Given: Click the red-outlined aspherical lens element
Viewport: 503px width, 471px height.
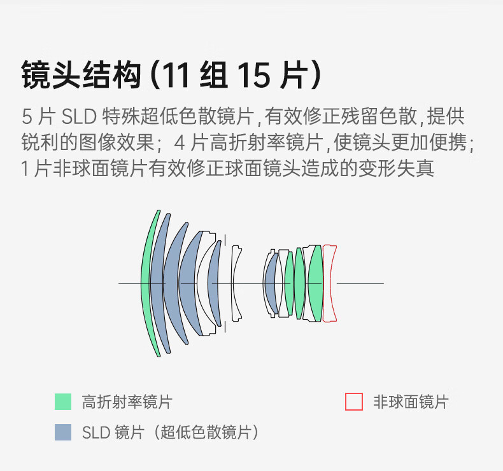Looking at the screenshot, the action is click(329, 283).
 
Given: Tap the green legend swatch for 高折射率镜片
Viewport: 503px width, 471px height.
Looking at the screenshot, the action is click(63, 402).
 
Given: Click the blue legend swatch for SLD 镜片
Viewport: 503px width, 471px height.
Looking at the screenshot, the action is click(63, 432).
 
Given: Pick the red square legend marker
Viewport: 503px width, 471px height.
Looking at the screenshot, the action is click(354, 402).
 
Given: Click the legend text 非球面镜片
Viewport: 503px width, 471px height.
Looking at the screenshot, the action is click(411, 402).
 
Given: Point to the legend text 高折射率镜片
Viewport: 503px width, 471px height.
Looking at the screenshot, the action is click(127, 402).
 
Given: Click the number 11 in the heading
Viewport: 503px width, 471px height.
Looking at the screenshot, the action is click(175, 76).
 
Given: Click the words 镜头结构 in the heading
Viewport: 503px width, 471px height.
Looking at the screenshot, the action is click(80, 76).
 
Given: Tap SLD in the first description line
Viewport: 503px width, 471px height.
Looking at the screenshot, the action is click(78, 117).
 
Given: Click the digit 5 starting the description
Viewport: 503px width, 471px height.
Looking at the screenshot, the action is click(26, 117).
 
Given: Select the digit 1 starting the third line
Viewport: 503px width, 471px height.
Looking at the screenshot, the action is click(25, 169).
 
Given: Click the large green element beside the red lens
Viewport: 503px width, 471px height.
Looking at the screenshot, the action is click(315, 283).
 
